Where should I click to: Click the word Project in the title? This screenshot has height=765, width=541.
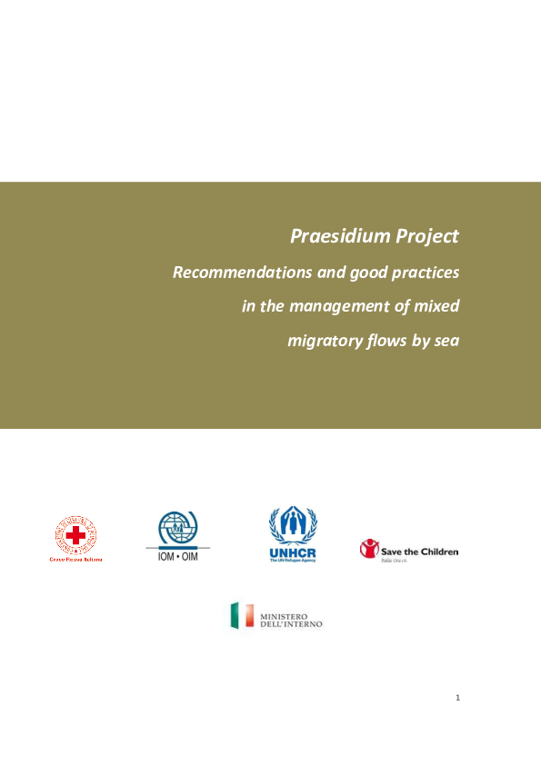tap(427, 237)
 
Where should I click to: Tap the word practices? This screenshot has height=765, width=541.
tap(426, 273)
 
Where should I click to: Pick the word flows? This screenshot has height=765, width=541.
tap(393, 342)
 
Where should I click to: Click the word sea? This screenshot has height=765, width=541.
tap(445, 342)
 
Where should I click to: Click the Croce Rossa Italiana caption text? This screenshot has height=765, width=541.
tap(75, 560)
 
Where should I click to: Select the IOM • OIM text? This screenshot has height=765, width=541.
tap(178, 554)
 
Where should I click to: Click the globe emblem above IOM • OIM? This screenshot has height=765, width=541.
tap(178, 529)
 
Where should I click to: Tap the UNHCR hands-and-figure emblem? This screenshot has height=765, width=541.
tap(293, 526)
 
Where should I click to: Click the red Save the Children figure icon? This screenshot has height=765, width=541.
tap(369, 549)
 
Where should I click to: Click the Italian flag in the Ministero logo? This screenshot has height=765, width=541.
tap(240, 615)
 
